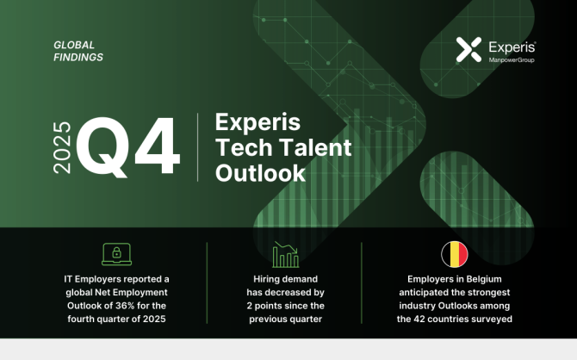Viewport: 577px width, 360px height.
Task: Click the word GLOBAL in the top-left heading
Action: click(74, 45)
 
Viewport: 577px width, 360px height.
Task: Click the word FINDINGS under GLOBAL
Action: click(78, 58)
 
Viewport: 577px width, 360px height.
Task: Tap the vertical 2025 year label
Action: click(62, 147)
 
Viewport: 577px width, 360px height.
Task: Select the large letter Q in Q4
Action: click(103, 147)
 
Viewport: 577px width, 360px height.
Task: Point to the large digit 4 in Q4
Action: click(157, 146)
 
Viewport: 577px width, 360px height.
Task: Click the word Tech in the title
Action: click(244, 147)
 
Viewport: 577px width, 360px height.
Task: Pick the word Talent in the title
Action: click(315, 147)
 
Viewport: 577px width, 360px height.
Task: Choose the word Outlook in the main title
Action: click(261, 173)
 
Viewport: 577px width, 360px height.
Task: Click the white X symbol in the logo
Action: click(468, 49)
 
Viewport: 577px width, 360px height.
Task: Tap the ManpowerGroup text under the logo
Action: click(512, 60)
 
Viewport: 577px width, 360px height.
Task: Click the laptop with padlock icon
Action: click(116, 254)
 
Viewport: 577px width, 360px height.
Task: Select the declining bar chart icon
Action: click(286, 254)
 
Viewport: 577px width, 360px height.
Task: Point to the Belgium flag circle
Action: click(455, 254)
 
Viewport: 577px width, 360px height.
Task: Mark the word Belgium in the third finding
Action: click(483, 279)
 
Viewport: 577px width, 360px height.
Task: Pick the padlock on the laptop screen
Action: click(116, 252)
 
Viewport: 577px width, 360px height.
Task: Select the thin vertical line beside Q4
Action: click(197, 147)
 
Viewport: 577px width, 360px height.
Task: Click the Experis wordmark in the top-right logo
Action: click(512, 48)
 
